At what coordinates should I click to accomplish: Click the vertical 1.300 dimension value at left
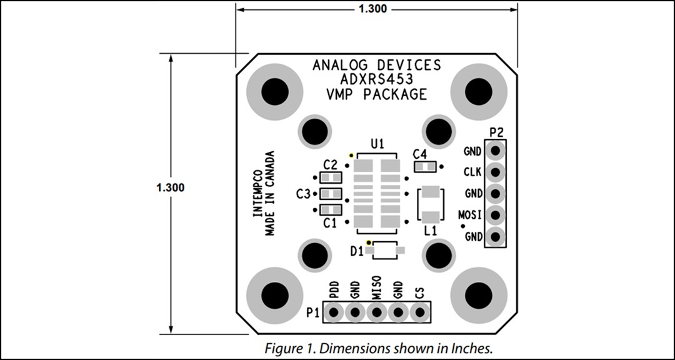171,187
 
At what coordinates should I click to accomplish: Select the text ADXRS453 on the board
376,79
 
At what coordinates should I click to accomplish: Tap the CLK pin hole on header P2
496,172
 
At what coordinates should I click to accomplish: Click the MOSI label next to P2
470,215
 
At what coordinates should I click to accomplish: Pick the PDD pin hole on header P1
334,311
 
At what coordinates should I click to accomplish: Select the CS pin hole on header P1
420,311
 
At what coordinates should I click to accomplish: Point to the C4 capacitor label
420,154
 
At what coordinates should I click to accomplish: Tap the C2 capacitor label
330,165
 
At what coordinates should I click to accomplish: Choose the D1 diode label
357,251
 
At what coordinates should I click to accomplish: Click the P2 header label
497,132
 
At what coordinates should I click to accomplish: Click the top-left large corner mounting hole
274,91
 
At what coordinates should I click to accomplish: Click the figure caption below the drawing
378,348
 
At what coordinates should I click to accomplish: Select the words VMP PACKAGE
376,94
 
